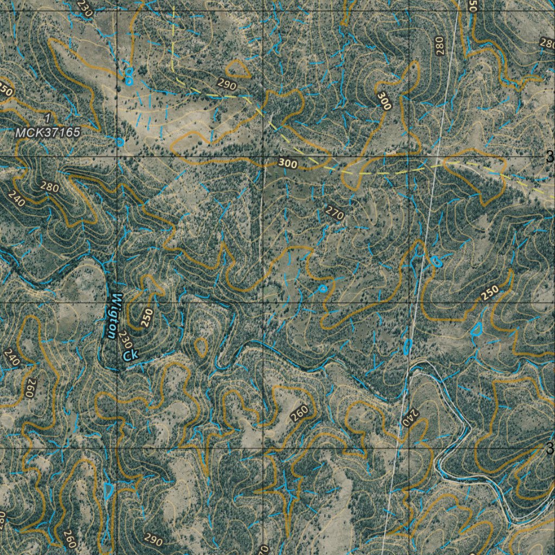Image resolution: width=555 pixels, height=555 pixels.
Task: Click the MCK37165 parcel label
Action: tap(48, 132)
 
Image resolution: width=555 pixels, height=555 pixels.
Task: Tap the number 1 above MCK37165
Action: tap(48, 119)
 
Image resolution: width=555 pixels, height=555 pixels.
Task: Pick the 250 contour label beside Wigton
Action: tap(147, 317)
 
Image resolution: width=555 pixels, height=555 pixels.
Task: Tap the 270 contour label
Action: tap(335, 214)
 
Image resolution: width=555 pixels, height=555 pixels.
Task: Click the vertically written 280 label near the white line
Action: tap(439, 46)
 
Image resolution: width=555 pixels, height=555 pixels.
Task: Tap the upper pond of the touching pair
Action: tap(129, 72)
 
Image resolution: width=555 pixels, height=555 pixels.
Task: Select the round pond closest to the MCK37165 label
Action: tap(120, 142)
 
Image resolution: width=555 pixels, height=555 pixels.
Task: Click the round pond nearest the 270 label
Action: tap(323, 288)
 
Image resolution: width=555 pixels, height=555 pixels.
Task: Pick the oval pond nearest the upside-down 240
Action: tap(407, 345)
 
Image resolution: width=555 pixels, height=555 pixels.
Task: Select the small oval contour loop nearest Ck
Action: tap(201, 347)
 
